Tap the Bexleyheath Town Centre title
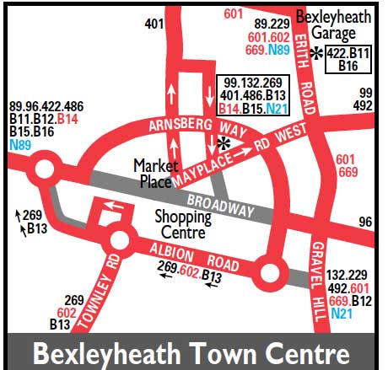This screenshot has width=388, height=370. click(193, 351)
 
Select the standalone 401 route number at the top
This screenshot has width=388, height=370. click(154, 24)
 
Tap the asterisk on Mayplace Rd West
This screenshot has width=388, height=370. click(224, 142)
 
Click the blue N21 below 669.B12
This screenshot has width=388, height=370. click(342, 314)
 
